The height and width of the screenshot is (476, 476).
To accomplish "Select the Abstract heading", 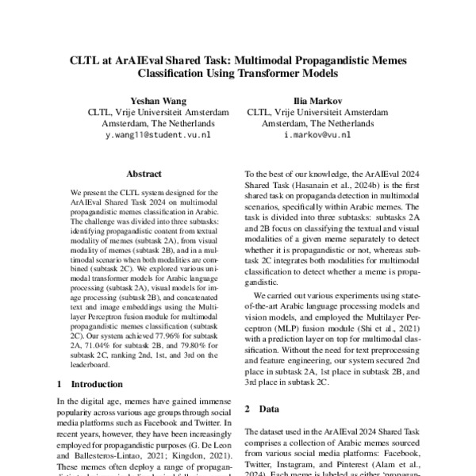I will pos(144,174).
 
